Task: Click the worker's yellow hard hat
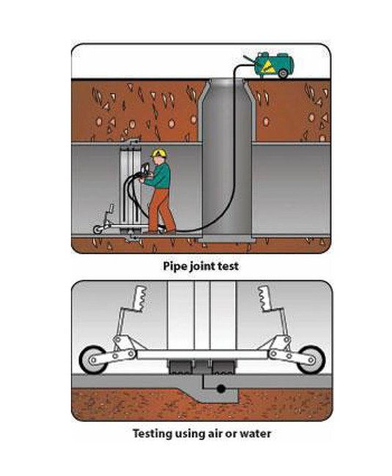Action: (160, 152)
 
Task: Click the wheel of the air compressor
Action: (283, 73)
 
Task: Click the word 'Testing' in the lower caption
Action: (152, 434)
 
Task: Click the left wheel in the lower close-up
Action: (93, 360)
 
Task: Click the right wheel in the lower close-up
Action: (311, 360)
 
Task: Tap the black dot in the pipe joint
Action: (221, 388)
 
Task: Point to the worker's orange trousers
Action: (161, 210)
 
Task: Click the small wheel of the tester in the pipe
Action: (97, 229)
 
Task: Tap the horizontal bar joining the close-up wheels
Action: (202, 354)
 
